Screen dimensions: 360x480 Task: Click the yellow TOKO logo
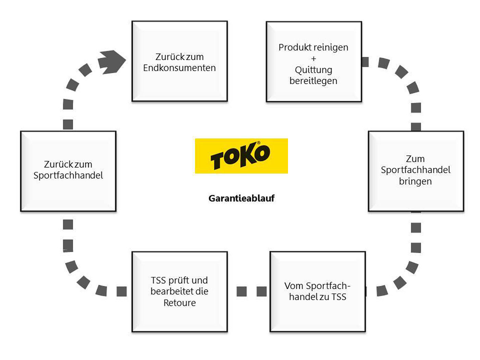click(241, 156)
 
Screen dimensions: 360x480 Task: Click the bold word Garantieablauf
click(241, 199)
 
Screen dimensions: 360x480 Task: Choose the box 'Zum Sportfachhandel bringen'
click(416, 199)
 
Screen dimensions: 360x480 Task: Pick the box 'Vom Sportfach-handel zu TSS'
click(317, 315)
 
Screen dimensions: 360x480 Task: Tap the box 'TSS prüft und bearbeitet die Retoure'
click(179, 319)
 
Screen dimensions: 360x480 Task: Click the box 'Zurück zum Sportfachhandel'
click(68, 195)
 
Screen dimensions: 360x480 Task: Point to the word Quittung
click(313, 70)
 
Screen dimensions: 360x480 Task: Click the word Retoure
click(180, 303)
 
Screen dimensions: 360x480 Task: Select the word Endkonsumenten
click(179, 68)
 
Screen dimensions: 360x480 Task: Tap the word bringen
click(415, 181)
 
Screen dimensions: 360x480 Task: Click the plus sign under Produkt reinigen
click(313, 59)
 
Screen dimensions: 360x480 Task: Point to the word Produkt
click(292, 47)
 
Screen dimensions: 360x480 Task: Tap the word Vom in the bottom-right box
click(293, 286)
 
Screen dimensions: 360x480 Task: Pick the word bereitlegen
click(313, 81)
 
